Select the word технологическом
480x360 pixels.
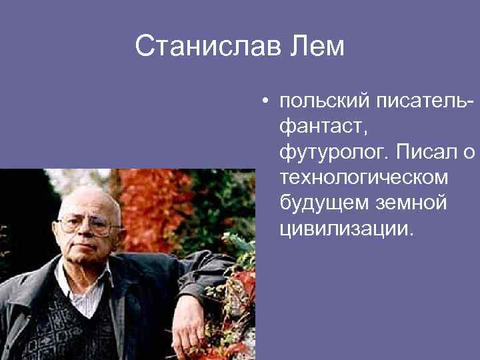[363, 178]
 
